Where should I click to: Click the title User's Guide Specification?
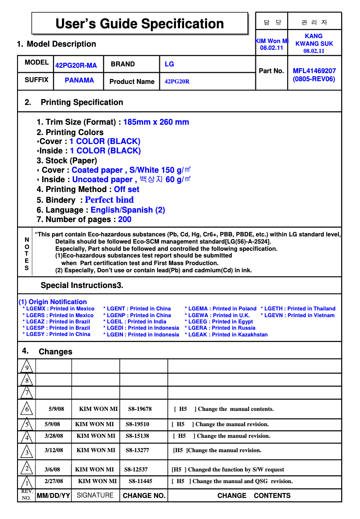pos(140,23)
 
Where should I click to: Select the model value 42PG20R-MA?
pos(76,65)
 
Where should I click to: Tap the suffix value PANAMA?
pos(79,80)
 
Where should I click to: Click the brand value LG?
pos(169,64)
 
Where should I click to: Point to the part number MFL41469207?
pos(314,71)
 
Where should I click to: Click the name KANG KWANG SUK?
pos(314,40)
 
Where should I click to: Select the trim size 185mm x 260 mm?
pos(156,122)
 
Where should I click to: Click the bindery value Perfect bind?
pos(109,200)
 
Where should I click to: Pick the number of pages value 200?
pos(125,219)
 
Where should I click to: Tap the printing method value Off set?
pos(127,189)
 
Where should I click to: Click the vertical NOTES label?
pos(26,254)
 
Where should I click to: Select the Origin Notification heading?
pos(53,302)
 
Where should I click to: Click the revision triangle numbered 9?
pos(26,367)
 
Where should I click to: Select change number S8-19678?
pos(140,409)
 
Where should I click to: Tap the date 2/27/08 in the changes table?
pos(54,481)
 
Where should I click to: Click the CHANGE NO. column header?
pos(144,496)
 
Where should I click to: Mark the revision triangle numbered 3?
pos(26,452)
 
